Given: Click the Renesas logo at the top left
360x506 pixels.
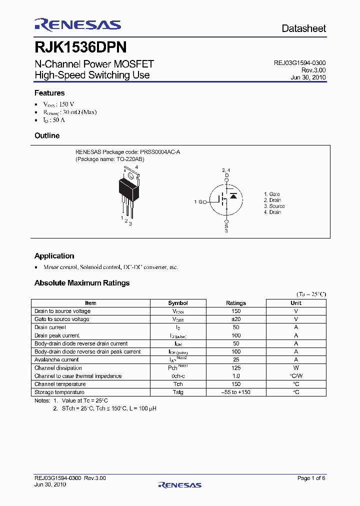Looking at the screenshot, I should tap(77, 24).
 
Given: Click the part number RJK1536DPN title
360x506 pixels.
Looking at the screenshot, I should tap(80, 47).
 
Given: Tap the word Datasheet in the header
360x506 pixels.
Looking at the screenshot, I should tap(303, 29).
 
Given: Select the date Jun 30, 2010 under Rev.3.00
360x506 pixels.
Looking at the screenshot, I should tap(308, 77).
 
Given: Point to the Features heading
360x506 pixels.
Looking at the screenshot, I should tap(49, 93).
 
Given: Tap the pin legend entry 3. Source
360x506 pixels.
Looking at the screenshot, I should tap(274, 206).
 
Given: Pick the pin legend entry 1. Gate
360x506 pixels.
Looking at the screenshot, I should tap(272, 194).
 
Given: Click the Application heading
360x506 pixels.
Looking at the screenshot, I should tap(54, 256).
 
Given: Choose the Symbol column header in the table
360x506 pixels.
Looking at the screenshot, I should tap(178, 303).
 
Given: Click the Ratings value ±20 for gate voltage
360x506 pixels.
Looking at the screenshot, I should tap(236, 319).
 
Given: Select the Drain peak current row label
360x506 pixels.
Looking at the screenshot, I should tap(57, 335).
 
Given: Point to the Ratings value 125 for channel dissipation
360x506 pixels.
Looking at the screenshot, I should tap(236, 368).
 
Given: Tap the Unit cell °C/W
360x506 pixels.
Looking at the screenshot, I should tap(296, 376).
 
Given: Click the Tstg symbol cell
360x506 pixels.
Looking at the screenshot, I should tap(178, 392).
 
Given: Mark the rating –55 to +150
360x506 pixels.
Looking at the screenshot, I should tap(236, 392).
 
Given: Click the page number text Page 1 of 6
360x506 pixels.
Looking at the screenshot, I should tap(311, 478).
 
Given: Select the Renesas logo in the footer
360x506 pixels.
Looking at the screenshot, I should tap(179, 484).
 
